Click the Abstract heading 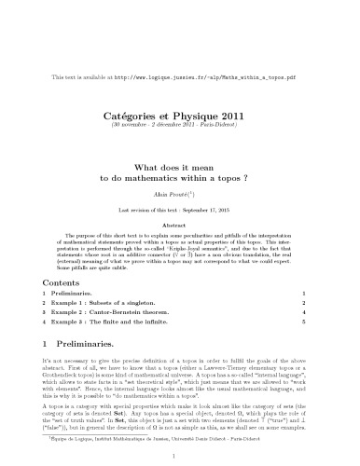180,199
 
